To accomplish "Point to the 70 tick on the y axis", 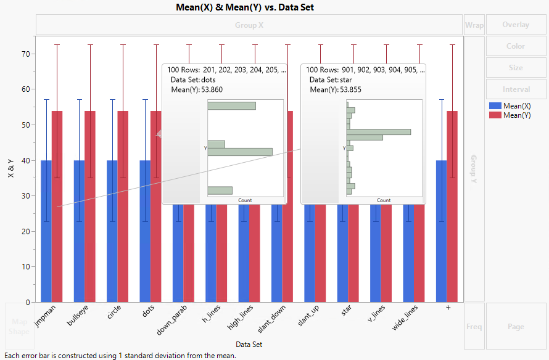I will tap(26, 54).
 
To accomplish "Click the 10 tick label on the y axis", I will tap(26, 267).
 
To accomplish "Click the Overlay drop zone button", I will tap(516, 25).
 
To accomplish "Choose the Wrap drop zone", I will tap(474, 25).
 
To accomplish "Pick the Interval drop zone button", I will tap(516, 89).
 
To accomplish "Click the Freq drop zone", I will tap(474, 326).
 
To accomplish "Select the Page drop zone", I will tap(516, 326).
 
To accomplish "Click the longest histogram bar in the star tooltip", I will tap(379, 132).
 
